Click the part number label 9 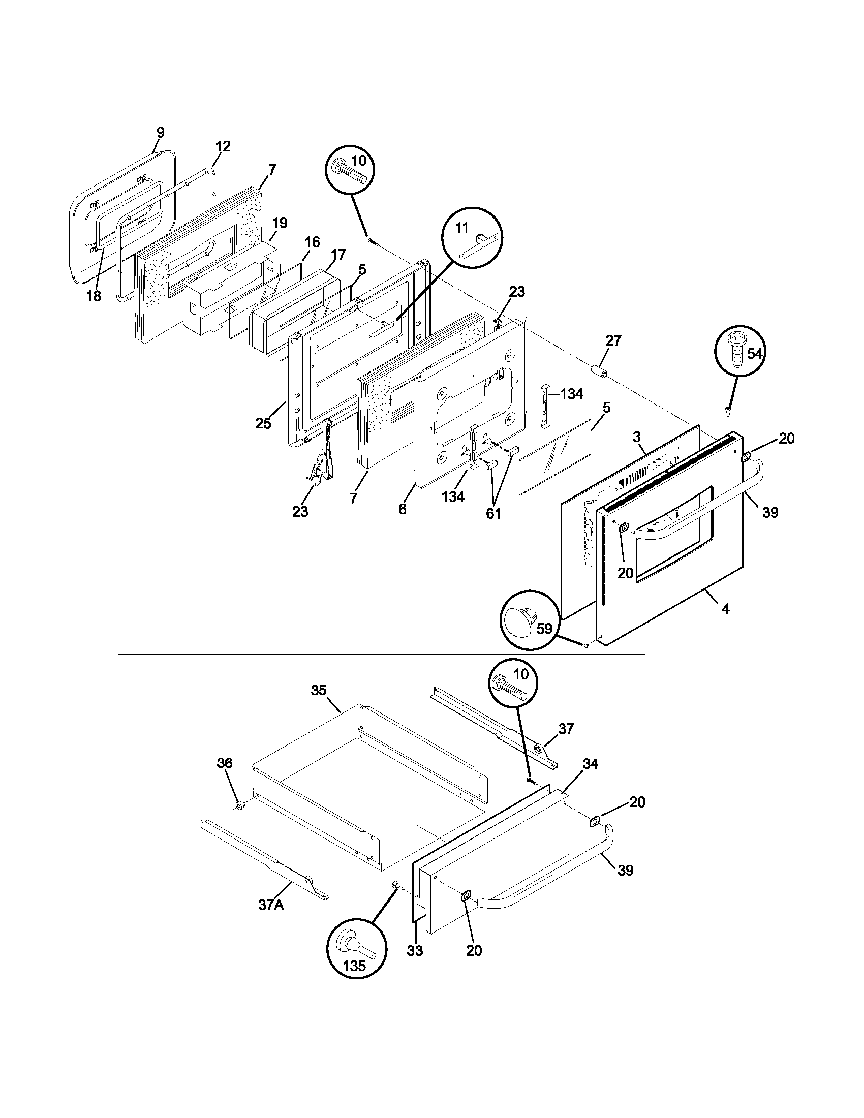point(160,132)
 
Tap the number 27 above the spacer point(613,340)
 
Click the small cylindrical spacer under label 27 point(599,371)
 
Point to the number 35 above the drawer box point(318,690)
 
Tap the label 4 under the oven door point(725,609)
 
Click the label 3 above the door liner point(636,437)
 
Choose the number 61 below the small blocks point(493,513)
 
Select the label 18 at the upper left point(94,295)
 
